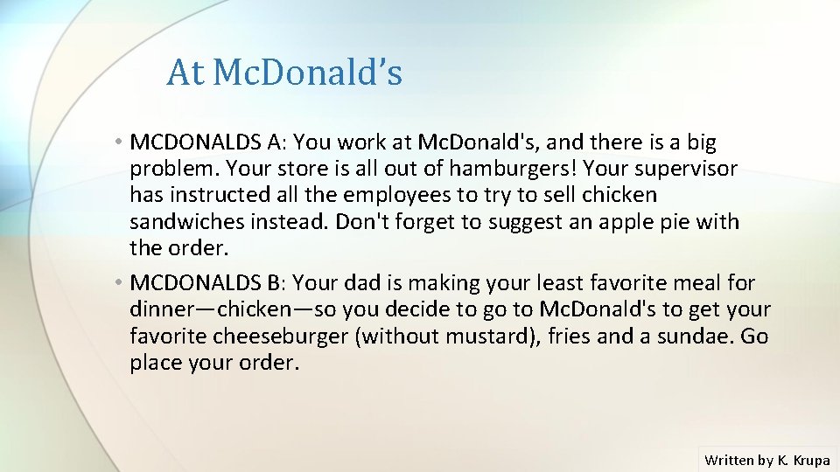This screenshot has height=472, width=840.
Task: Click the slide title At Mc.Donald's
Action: pyautogui.click(x=284, y=73)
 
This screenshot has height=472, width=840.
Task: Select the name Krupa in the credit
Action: pyautogui.click(x=811, y=459)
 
